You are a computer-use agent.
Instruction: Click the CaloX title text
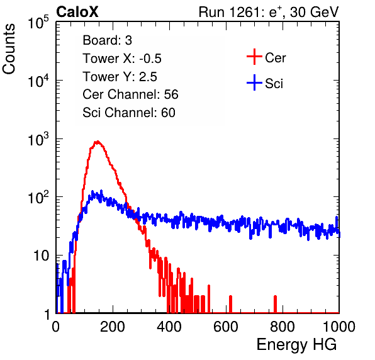click(x=77, y=12)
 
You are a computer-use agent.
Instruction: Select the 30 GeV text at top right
click(x=314, y=12)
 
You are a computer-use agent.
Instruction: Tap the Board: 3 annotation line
click(x=107, y=40)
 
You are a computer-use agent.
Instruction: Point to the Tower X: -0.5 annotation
click(x=122, y=59)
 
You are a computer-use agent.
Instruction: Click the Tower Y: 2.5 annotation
click(x=120, y=77)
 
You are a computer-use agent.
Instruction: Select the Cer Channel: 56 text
click(x=130, y=94)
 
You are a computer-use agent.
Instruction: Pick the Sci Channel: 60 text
click(x=129, y=113)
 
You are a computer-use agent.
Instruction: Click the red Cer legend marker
click(x=254, y=57)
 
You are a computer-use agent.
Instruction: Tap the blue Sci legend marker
click(x=254, y=82)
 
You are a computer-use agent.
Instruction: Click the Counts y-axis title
click(x=9, y=49)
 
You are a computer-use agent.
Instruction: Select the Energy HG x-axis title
click(x=296, y=345)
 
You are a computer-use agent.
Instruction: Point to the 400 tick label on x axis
click(x=169, y=327)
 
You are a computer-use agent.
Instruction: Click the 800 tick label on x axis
click(x=283, y=327)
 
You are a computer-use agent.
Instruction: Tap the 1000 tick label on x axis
click(x=339, y=327)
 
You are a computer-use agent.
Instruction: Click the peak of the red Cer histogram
click(x=98, y=142)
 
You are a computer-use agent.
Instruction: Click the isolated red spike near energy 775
click(x=275, y=304)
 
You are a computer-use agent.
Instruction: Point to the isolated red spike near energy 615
click(x=230, y=304)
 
